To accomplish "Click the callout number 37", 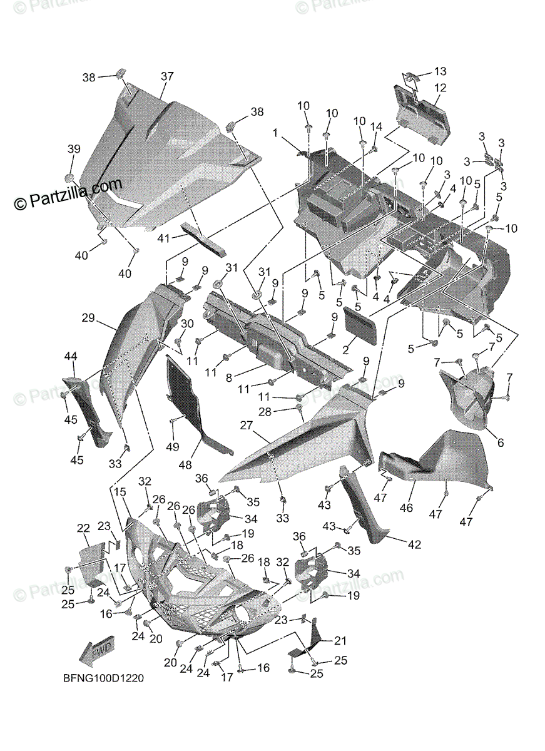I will tap(166, 76).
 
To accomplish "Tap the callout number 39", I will tap(74, 149).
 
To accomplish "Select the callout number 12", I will tap(440, 88).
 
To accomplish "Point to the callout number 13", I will tap(440, 71).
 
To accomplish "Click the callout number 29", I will tap(88, 318).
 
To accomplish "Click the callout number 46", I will tap(406, 508).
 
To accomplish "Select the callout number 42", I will tap(414, 544).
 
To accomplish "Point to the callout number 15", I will tap(120, 493).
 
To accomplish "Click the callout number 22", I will tap(83, 529).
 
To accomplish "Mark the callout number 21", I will tap(340, 640).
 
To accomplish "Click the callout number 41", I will tap(163, 238).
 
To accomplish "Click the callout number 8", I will tap(230, 377).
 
